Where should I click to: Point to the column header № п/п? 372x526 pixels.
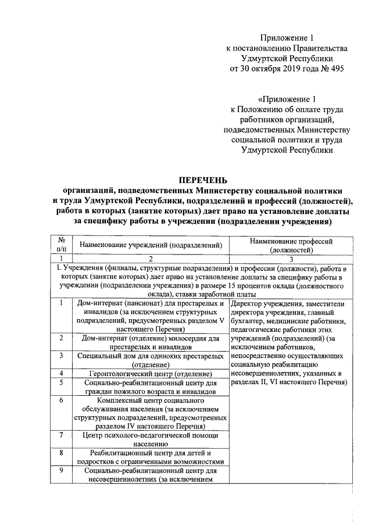click(x=60, y=245)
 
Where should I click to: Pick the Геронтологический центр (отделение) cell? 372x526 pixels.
click(x=151, y=373)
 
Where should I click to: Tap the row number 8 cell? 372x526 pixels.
click(x=60, y=453)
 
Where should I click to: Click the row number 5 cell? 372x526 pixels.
click(x=60, y=383)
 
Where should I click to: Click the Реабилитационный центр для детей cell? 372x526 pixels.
click(x=151, y=453)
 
